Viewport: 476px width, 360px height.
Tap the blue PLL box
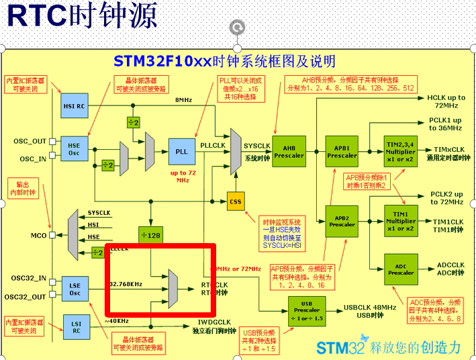(x=182, y=151)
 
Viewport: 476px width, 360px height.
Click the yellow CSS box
(x=235, y=201)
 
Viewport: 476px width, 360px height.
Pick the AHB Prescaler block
(x=289, y=152)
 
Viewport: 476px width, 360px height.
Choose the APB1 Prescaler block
(x=342, y=151)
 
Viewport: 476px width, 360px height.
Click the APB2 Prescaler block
(x=342, y=221)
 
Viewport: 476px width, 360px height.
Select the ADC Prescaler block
(x=401, y=269)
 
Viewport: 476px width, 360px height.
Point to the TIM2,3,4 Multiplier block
(x=401, y=151)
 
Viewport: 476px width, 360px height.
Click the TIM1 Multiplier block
(x=401, y=221)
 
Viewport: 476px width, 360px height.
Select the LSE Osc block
(x=75, y=289)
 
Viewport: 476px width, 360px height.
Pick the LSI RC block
(x=75, y=326)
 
